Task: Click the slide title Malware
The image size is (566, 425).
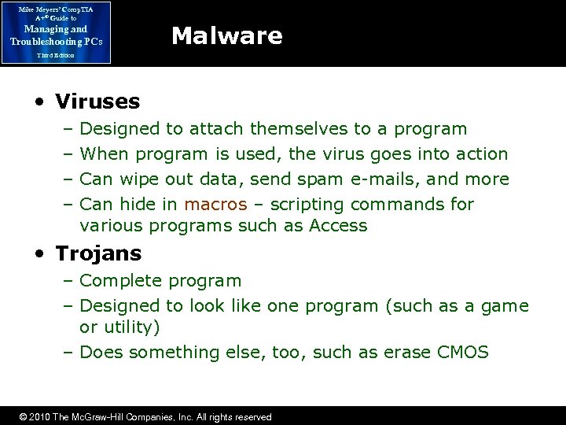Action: click(226, 36)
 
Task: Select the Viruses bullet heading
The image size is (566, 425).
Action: click(97, 102)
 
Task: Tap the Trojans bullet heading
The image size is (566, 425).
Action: click(98, 253)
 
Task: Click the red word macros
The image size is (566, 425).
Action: click(215, 205)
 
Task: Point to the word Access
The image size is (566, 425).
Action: click(338, 226)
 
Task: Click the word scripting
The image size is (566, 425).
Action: click(307, 205)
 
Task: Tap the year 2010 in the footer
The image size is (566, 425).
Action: click(38, 417)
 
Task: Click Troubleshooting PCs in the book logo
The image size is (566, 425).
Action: click(56, 41)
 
